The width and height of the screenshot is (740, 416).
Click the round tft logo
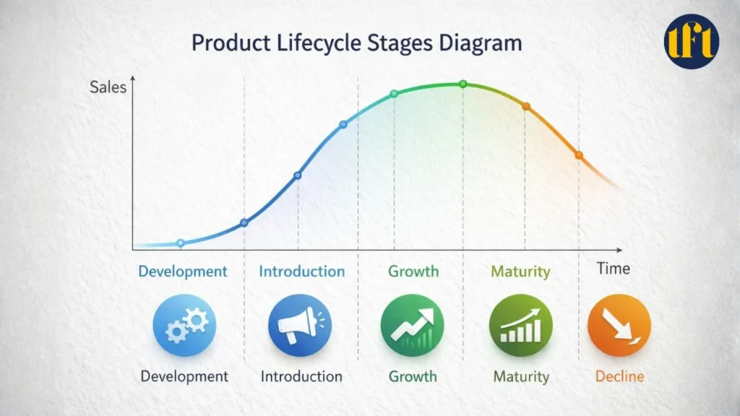click(x=691, y=40)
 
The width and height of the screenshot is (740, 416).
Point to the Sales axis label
click(x=108, y=87)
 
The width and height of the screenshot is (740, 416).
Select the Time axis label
click(x=613, y=269)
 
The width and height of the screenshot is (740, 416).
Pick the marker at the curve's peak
click(x=463, y=84)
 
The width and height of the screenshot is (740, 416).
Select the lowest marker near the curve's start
click(x=181, y=243)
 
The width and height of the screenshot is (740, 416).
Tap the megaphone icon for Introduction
click(x=299, y=325)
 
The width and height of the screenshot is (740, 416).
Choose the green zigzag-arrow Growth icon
click(x=412, y=325)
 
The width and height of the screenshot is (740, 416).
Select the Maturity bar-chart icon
click(x=521, y=325)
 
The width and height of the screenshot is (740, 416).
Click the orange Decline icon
click(x=619, y=325)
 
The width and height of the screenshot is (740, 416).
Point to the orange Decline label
click(x=619, y=376)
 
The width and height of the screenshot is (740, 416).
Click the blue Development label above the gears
click(x=183, y=272)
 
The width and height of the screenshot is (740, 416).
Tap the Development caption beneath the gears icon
click(x=184, y=376)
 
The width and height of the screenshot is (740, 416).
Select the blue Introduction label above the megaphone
click(x=302, y=272)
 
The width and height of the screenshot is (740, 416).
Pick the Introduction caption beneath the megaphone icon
click(x=301, y=376)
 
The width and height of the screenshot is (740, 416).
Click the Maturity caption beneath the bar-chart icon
click(x=521, y=376)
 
